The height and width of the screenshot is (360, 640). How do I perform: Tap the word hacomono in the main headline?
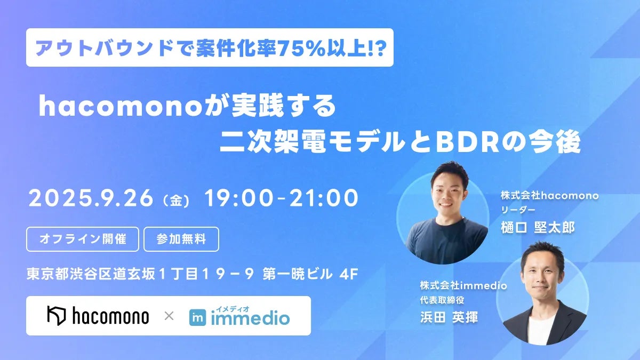(118, 106)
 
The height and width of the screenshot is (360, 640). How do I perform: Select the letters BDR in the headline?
(466, 142)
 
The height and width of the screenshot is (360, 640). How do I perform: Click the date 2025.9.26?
(91, 198)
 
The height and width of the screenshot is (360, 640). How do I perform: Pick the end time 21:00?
(324, 198)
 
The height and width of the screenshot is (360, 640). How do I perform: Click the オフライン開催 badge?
(83, 239)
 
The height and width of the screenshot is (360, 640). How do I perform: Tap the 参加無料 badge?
(181, 239)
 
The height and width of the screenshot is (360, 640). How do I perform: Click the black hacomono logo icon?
(57, 315)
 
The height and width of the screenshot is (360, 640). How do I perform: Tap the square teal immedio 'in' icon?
(197, 317)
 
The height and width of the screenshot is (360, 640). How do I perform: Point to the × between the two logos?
(169, 316)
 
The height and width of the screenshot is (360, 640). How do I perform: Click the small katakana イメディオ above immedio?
(233, 309)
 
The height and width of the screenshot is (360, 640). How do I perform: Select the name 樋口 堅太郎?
(538, 228)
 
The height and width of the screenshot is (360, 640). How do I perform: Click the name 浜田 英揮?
(449, 317)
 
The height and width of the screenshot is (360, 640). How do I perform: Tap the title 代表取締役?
(442, 300)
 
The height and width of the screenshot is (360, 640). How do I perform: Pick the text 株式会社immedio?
(463, 285)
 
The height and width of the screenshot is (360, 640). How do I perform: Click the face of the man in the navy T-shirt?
(447, 194)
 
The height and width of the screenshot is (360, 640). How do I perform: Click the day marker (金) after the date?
(175, 201)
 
